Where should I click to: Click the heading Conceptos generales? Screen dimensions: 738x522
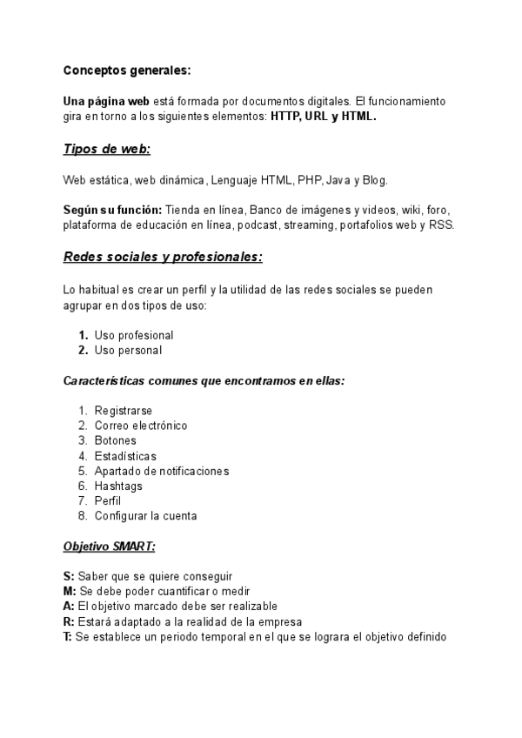(x=127, y=70)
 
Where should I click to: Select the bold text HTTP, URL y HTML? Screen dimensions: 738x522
(x=324, y=116)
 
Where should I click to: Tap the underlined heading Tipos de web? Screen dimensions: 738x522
(x=107, y=149)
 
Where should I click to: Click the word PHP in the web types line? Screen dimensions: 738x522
(x=309, y=180)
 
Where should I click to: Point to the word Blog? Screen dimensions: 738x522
(x=371, y=180)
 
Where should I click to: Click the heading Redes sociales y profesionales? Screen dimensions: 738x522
(x=163, y=258)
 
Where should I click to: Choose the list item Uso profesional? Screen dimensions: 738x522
(x=134, y=335)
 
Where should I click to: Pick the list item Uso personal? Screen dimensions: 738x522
(x=128, y=350)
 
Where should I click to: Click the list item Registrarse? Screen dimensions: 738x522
(x=124, y=410)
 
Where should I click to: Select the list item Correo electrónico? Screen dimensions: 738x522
(x=141, y=426)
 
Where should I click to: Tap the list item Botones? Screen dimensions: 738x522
(x=116, y=440)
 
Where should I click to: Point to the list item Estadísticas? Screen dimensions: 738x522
(x=125, y=455)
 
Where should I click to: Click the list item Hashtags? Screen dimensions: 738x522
(x=118, y=486)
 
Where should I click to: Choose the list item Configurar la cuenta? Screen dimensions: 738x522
(x=145, y=515)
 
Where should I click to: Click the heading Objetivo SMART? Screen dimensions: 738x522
(x=109, y=547)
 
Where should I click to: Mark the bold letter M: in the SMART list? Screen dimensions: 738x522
(x=70, y=591)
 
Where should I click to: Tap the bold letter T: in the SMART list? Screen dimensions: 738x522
(x=68, y=636)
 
